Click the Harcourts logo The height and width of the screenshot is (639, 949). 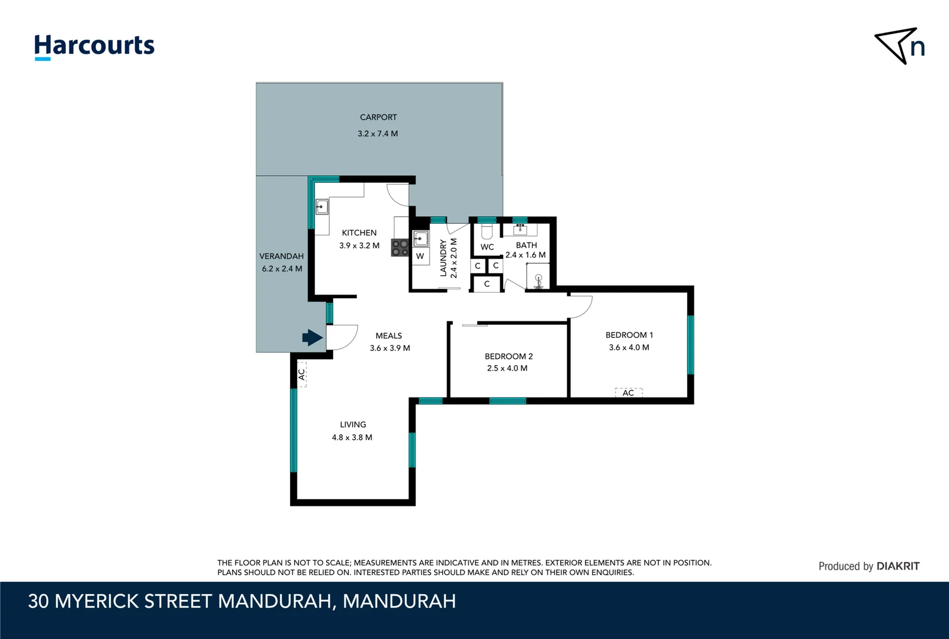click(x=94, y=46)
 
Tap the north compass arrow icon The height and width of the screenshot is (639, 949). click(x=897, y=45)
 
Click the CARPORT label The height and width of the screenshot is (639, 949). click(x=378, y=117)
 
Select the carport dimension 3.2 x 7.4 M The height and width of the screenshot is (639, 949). click(x=378, y=134)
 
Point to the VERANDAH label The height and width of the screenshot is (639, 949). click(x=281, y=256)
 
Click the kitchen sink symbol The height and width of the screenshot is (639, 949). click(x=322, y=207)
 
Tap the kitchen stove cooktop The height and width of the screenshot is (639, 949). click(x=400, y=247)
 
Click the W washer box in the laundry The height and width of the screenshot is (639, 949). click(x=420, y=256)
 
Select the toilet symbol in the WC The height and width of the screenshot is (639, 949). click(x=487, y=231)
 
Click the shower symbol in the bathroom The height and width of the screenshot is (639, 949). click(x=538, y=280)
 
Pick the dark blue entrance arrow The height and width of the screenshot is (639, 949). click(x=312, y=338)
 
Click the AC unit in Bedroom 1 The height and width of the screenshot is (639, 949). click(x=628, y=393)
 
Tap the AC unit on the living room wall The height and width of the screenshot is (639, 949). click(x=301, y=374)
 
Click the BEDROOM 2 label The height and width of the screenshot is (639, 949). click(x=509, y=356)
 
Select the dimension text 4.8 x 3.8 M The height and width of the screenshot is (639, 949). click(x=352, y=438)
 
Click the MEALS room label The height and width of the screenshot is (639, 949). click(x=388, y=335)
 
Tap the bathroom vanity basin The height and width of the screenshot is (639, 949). click(x=520, y=230)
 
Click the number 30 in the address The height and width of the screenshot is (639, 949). click(x=38, y=601)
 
